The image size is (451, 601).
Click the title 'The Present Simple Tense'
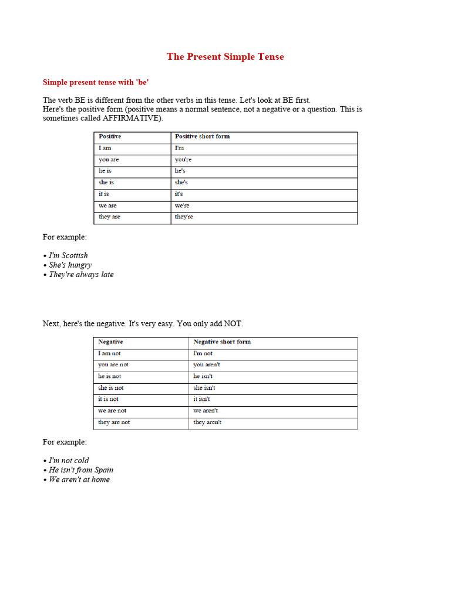point(225,57)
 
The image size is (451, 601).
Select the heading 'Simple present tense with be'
point(96,83)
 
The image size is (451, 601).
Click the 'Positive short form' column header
point(202,136)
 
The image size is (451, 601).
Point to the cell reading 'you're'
point(183,160)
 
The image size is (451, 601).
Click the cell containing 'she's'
point(181,183)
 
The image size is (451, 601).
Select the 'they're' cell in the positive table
point(184,217)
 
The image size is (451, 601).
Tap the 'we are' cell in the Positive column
point(107,205)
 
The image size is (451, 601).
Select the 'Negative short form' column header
point(222,342)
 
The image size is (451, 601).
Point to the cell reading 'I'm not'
point(203,353)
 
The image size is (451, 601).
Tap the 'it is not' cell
point(109,399)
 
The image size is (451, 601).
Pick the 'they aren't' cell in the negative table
point(207,422)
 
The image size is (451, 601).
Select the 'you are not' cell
point(113,364)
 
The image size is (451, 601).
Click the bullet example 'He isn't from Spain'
point(80,470)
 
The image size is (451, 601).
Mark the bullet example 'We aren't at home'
point(79,479)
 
